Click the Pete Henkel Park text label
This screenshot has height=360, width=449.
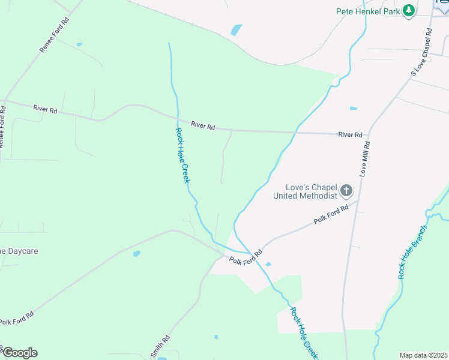click(368, 11)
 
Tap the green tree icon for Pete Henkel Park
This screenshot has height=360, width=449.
click(409, 11)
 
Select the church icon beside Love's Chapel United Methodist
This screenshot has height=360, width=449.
click(346, 191)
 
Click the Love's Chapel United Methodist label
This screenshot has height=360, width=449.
click(305, 191)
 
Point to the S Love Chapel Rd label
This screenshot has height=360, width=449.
click(422, 52)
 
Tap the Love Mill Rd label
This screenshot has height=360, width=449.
click(366, 158)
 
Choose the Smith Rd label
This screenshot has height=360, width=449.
click(160, 346)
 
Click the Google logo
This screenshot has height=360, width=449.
click(19, 353)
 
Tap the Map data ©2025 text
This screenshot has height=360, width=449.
click(423, 355)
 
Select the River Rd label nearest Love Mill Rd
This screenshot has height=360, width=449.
click(351, 135)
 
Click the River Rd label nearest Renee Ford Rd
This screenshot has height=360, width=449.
click(45, 109)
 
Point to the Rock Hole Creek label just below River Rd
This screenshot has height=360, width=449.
click(182, 155)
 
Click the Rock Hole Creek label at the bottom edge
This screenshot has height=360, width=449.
click(303, 333)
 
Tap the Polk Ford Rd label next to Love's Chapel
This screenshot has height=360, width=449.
click(331, 215)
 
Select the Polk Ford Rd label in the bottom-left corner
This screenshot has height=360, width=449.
click(16, 318)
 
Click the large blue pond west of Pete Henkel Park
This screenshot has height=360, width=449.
click(237, 29)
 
